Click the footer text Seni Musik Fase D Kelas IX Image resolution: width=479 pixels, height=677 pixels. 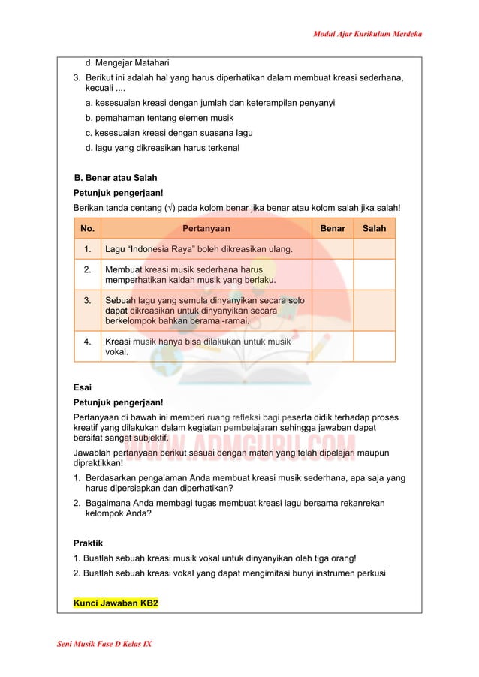point(99,645)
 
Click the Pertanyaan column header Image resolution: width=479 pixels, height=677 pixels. point(206,228)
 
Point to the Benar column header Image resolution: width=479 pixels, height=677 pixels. point(333,228)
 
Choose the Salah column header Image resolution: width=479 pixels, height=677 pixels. point(374,228)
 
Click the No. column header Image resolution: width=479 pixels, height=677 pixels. point(87,228)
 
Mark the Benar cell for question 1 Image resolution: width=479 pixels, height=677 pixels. point(333,248)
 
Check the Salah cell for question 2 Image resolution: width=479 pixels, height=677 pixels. point(374,275)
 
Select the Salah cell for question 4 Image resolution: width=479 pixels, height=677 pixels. point(374,346)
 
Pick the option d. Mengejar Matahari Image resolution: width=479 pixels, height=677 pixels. point(127,62)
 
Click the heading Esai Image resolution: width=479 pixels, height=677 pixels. point(82,388)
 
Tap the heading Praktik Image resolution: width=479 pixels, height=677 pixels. point(88,542)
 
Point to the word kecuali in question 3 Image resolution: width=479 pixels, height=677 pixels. point(103,90)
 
